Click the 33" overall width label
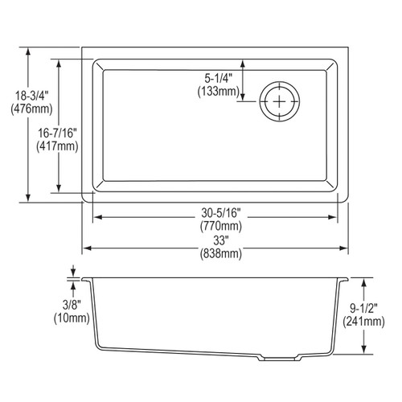click(x=218, y=241)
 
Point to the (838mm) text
click(x=218, y=255)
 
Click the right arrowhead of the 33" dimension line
click(x=346, y=248)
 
